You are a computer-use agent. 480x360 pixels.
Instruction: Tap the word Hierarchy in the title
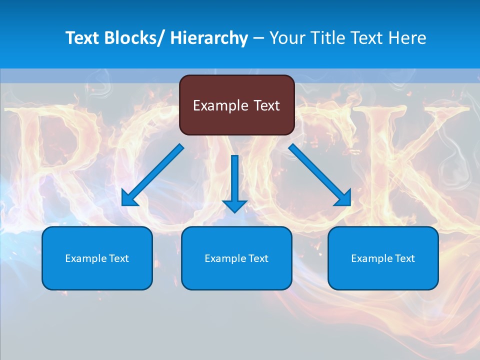pos(209,38)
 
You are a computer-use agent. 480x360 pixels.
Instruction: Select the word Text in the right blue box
pos(405,258)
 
